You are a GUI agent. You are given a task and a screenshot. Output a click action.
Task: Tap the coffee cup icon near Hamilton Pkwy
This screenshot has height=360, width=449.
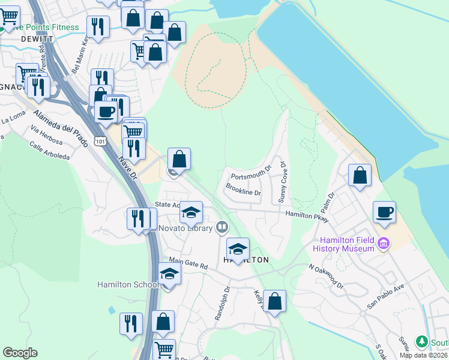384,212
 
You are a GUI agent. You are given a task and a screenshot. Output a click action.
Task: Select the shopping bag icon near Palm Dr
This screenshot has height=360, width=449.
360,175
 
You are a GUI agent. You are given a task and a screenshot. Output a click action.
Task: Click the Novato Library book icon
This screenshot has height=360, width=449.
222,227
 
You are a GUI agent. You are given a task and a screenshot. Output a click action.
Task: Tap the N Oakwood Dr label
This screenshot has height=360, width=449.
326,276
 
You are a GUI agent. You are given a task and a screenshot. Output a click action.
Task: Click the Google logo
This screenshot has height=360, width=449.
20,353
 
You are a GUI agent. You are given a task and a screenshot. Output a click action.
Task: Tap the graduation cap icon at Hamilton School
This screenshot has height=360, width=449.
170,274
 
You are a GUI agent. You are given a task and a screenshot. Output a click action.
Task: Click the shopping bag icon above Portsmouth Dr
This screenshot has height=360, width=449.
179,159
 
